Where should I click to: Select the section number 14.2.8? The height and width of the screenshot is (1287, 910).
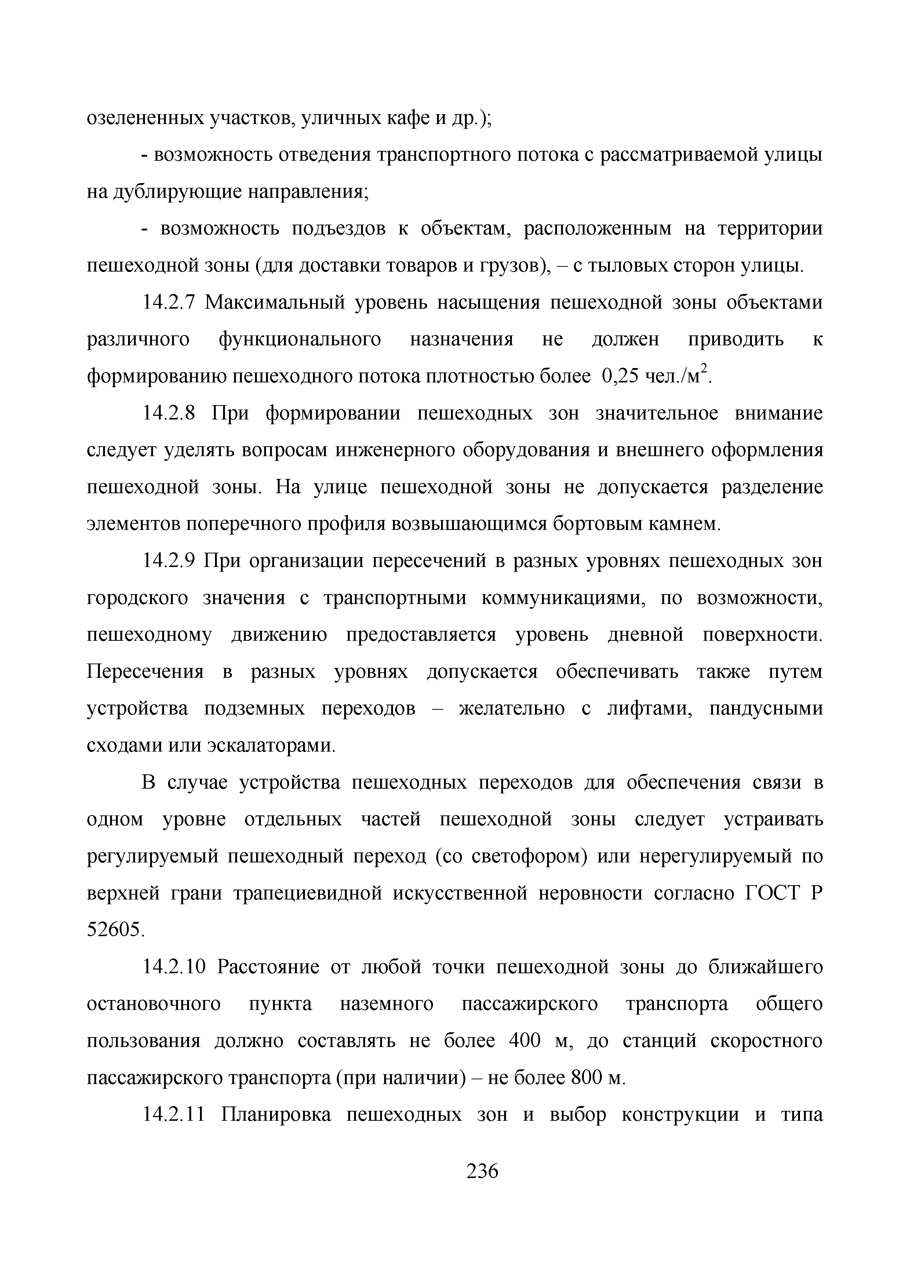pos(169,414)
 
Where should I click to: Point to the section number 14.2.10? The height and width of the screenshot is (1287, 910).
pos(175,967)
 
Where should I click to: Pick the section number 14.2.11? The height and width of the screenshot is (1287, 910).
pos(175,1115)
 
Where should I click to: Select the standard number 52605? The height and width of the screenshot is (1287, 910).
pos(116,931)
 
